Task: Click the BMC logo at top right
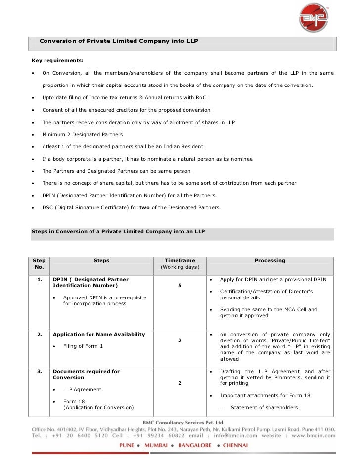(x=314, y=19)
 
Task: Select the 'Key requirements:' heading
(x=57, y=60)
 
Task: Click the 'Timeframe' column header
(x=180, y=260)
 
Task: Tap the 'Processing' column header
(x=270, y=260)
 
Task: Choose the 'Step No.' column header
(x=39, y=264)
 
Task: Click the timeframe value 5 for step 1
(x=180, y=285)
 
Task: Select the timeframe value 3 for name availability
(x=180, y=340)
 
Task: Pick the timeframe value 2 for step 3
(x=180, y=383)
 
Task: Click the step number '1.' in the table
(x=39, y=280)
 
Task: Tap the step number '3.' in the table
(x=39, y=371)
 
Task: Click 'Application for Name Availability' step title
(x=99, y=335)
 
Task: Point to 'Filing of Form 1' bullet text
(x=83, y=346)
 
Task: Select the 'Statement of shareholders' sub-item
(x=264, y=408)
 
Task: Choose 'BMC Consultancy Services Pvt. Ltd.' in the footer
(x=182, y=422)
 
